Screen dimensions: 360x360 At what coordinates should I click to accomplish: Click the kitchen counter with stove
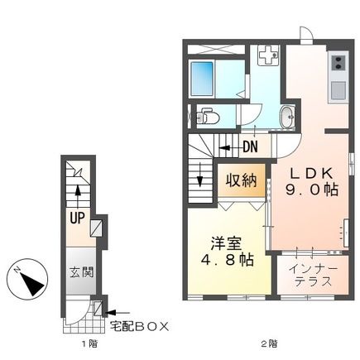coord(340,79)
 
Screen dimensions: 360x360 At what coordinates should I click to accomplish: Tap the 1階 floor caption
coord(76,342)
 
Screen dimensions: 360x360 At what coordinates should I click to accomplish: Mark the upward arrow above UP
coord(76,195)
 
